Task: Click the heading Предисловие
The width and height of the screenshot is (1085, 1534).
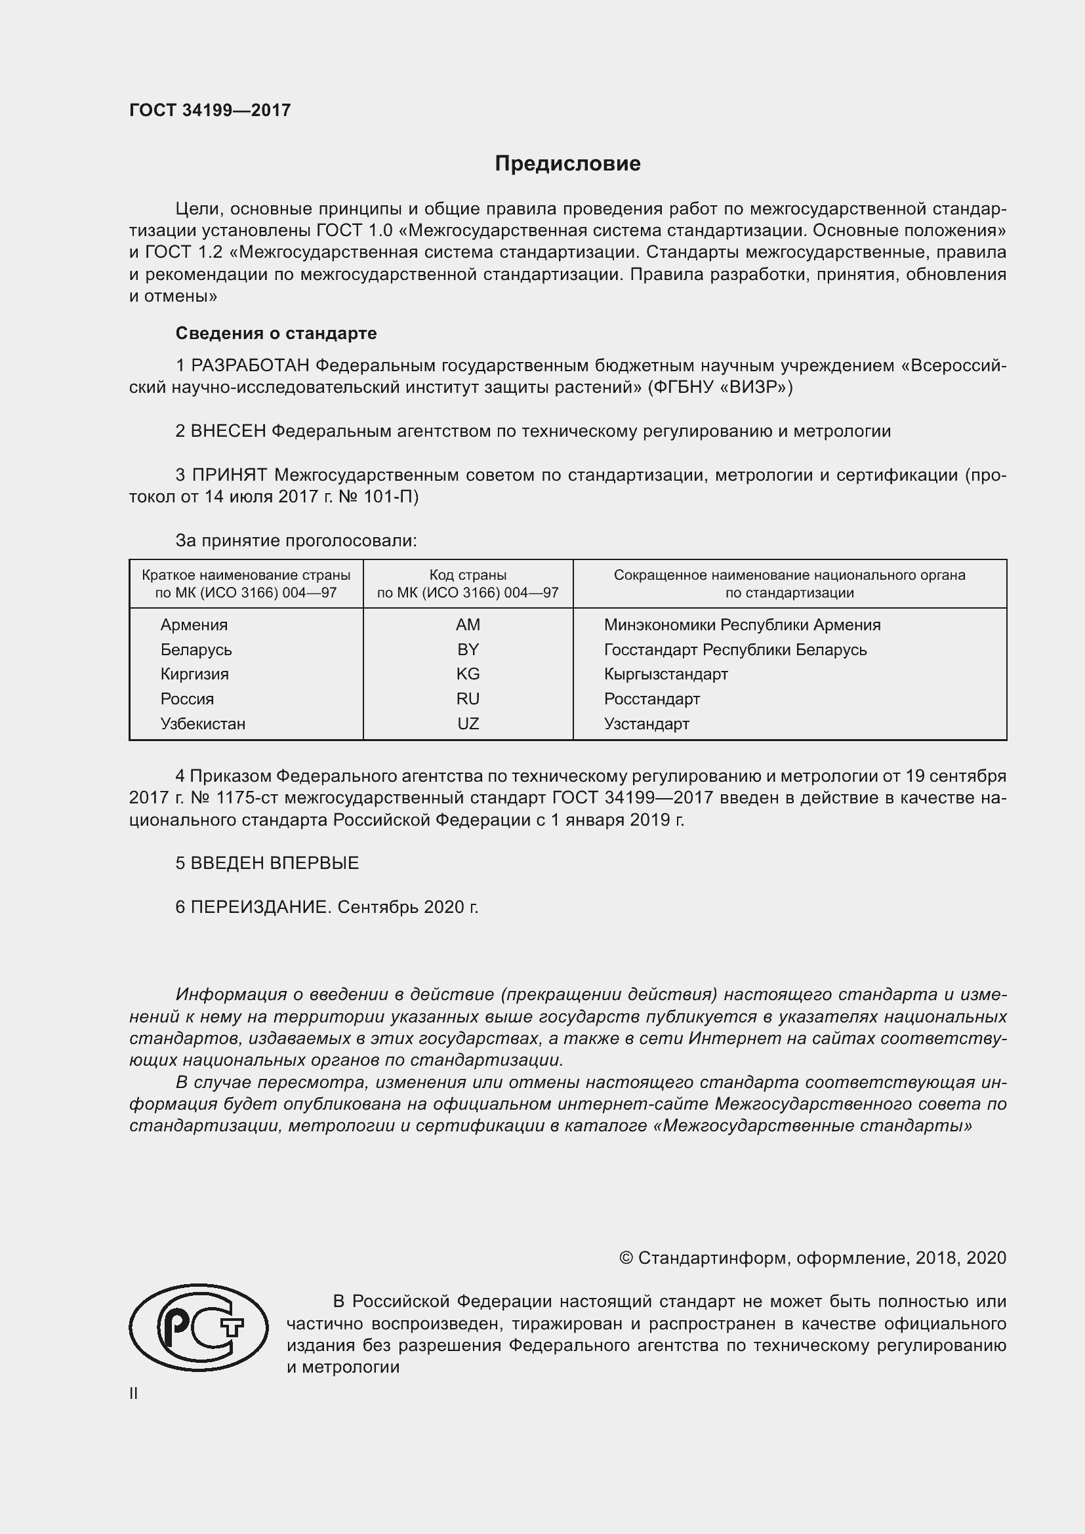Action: click(x=567, y=164)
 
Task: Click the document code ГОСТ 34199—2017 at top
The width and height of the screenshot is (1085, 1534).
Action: click(x=210, y=110)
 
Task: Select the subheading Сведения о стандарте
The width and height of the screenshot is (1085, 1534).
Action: click(x=276, y=333)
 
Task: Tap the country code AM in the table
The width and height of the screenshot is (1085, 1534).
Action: click(x=468, y=625)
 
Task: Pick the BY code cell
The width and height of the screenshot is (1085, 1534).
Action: click(x=468, y=649)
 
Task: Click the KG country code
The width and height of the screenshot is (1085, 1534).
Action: click(x=468, y=674)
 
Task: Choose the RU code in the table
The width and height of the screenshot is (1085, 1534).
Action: click(x=468, y=699)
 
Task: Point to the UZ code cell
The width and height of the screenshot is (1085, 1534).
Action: click(x=468, y=723)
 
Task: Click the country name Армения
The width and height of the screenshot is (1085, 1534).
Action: click(x=194, y=625)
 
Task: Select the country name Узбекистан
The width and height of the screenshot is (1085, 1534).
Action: click(x=203, y=723)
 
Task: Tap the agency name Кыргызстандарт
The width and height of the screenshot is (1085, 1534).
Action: click(x=665, y=674)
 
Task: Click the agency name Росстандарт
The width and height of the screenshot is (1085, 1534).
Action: click(x=651, y=699)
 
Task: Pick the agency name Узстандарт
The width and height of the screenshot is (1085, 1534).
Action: click(x=646, y=723)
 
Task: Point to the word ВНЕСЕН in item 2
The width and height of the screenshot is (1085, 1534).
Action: click(x=228, y=431)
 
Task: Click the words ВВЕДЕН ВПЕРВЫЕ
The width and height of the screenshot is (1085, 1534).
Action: click(x=275, y=863)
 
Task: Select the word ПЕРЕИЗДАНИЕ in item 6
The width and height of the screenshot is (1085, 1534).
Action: click(x=260, y=907)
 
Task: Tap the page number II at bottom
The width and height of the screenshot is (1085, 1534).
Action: click(x=134, y=1393)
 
